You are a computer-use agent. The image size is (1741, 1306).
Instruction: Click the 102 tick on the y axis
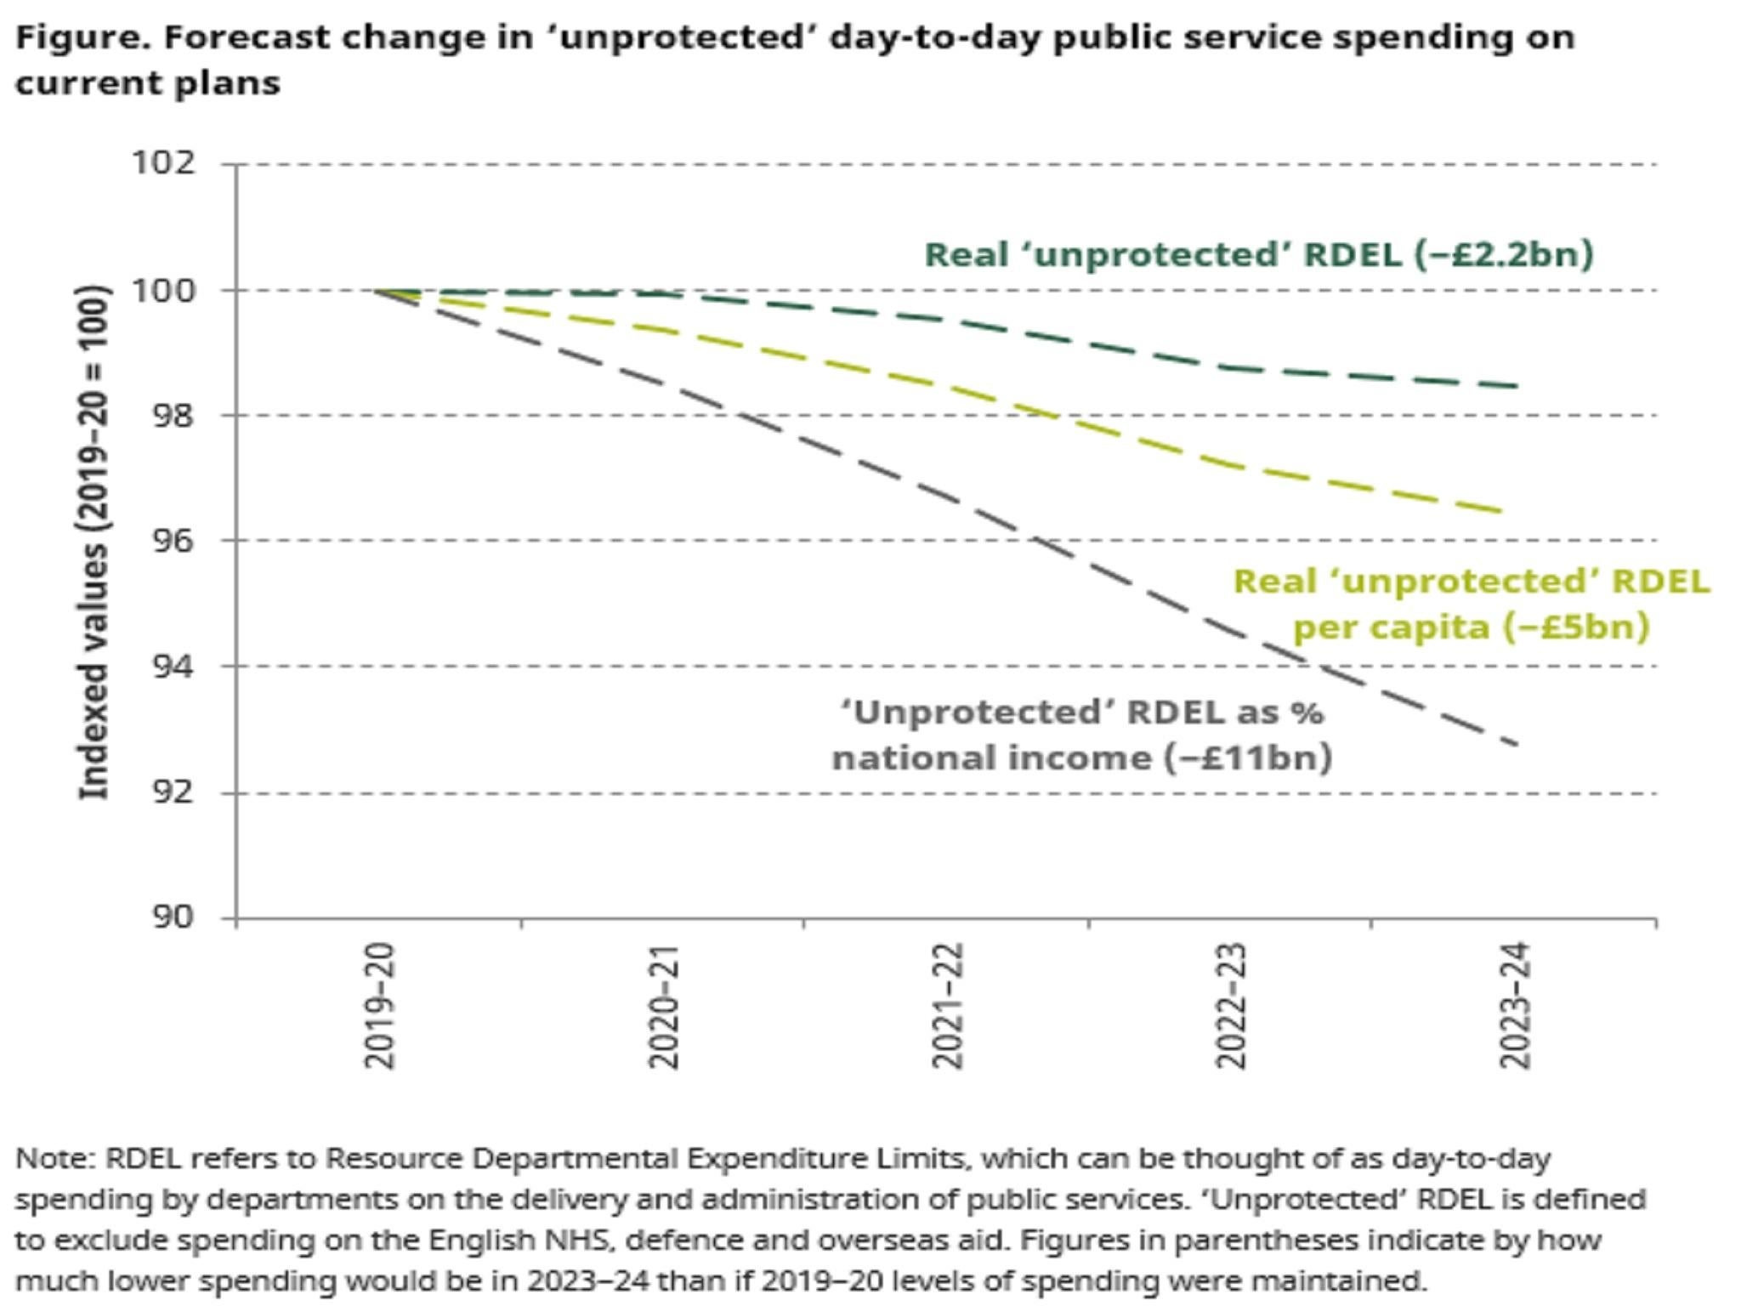(x=162, y=163)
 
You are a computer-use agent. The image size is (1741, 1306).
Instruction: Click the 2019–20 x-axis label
(x=379, y=1006)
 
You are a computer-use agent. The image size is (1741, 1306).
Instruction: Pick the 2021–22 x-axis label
(x=948, y=1006)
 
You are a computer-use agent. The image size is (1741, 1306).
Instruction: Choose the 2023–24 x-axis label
(x=1515, y=1006)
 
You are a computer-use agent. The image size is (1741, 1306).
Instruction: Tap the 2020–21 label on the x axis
(x=664, y=1006)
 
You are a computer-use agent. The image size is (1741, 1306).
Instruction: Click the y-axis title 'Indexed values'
(x=94, y=544)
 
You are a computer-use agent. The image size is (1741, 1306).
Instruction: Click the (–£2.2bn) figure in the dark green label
(x=1504, y=254)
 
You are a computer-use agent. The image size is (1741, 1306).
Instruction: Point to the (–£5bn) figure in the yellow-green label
(x=1576, y=627)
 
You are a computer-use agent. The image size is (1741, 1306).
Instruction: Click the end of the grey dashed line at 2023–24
(x=1515, y=745)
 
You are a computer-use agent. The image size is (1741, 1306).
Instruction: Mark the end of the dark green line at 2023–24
(x=1515, y=386)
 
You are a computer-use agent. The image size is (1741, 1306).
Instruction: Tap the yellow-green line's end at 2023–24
(x=1501, y=512)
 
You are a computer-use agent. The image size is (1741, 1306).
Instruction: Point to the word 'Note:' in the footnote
(x=55, y=1159)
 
